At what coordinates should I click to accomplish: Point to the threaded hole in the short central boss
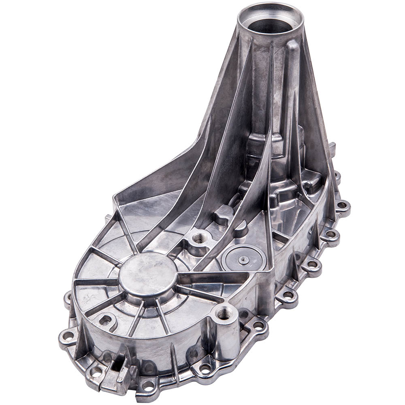click(199, 239)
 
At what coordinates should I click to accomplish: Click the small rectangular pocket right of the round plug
click(279, 241)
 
